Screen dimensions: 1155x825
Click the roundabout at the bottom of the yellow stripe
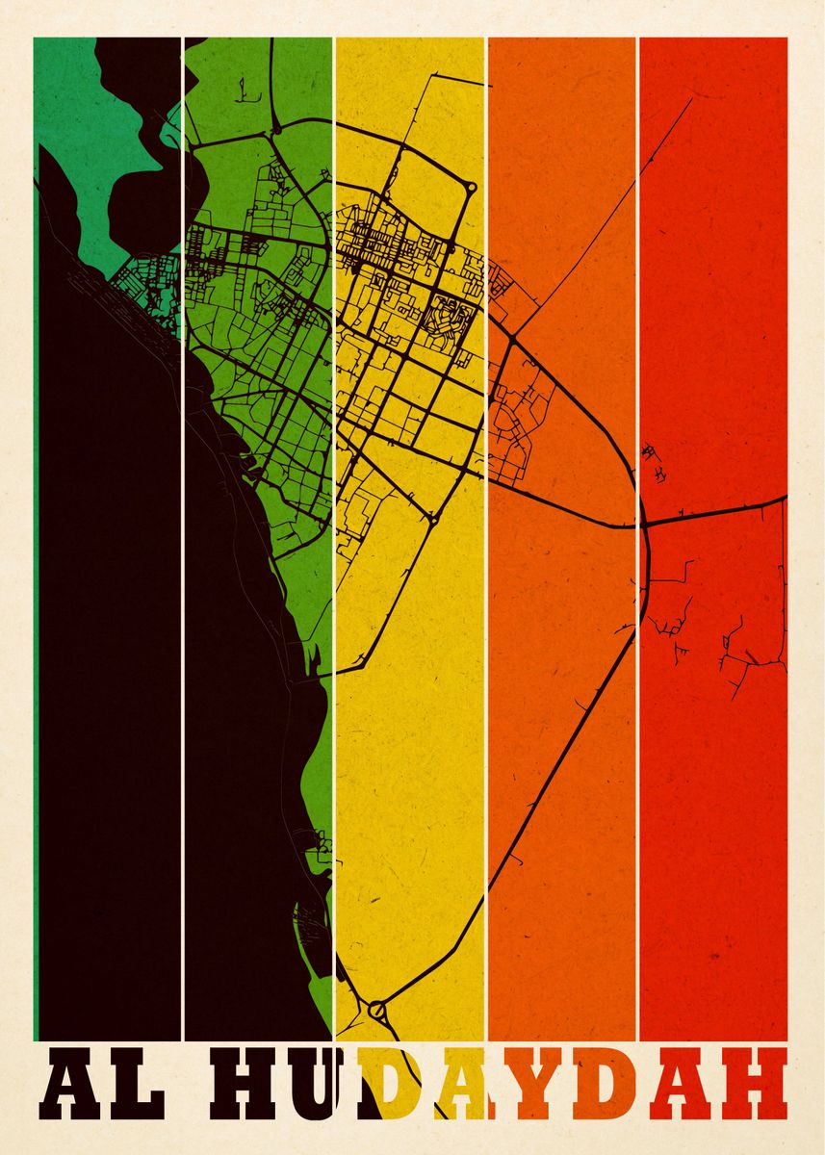376,1011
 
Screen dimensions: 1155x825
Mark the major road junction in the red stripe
643,525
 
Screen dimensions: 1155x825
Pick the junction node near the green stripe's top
277,127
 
